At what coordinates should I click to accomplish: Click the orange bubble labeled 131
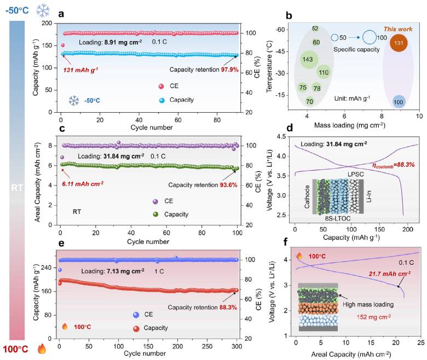coord(399,43)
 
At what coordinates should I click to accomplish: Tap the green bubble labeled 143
coord(309,59)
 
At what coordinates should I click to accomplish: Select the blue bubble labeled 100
coord(398,102)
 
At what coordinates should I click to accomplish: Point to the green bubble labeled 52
coord(315,28)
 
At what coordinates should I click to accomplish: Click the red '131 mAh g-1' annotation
coord(80,70)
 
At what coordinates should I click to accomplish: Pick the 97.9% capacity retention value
coord(229,69)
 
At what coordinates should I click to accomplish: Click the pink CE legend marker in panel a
coord(161,86)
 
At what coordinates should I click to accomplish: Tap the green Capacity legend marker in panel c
coord(156,214)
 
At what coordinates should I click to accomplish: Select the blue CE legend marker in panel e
coord(136,315)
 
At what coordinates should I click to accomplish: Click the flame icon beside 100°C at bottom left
coord(42,349)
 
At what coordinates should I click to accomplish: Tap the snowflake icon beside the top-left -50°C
coord(43,11)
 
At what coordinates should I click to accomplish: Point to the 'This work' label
coord(398,29)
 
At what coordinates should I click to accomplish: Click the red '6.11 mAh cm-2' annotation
coord(83,184)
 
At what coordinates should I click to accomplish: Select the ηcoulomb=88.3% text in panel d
coord(394,165)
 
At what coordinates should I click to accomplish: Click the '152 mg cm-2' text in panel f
coord(373,317)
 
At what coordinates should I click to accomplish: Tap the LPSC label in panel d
coord(355,174)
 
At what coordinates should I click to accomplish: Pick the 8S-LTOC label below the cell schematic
coord(338,218)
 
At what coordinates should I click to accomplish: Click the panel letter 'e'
coord(61,243)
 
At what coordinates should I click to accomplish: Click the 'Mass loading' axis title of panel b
coord(350,125)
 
